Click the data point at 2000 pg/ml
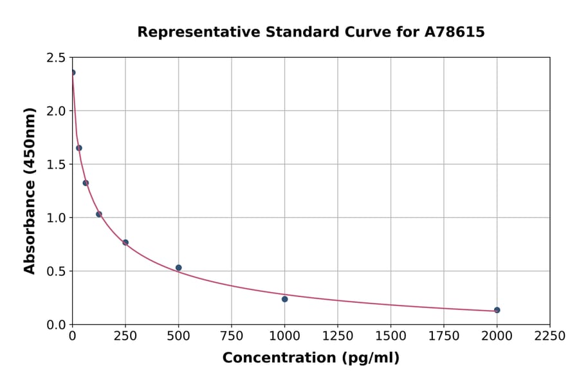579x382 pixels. pyautogui.click(x=497, y=310)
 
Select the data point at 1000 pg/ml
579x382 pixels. pyautogui.click(x=284, y=299)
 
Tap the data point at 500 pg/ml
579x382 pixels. pyautogui.click(x=178, y=268)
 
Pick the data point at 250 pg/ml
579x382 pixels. pyautogui.click(x=125, y=242)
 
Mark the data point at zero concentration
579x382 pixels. pyautogui.click(x=73, y=73)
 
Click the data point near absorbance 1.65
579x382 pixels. pyautogui.click(x=79, y=148)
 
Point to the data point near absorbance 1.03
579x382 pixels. pyautogui.click(x=99, y=214)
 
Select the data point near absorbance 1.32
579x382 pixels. pyautogui.click(x=86, y=183)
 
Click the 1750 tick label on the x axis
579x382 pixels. pyautogui.click(x=443, y=336)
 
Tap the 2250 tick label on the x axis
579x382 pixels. pyautogui.click(x=549, y=336)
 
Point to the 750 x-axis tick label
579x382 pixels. pyautogui.click(x=232, y=336)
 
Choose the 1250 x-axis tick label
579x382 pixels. pyautogui.click(x=337, y=336)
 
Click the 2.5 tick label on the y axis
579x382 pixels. pyautogui.click(x=56, y=58)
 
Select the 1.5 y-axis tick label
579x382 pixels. pyautogui.click(x=56, y=165)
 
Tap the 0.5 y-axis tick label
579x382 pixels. pyautogui.click(x=56, y=271)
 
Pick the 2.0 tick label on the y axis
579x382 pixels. pyautogui.click(x=56, y=111)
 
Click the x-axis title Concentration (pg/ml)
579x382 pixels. pyautogui.click(x=311, y=358)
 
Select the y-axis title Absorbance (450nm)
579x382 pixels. pyautogui.click(x=30, y=190)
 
